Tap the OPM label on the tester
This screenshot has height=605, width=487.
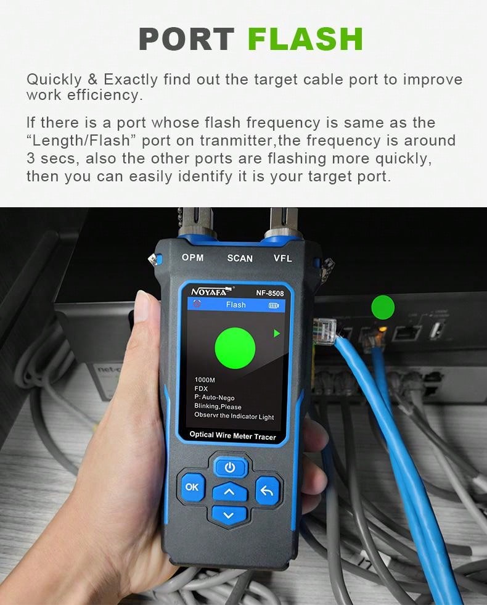(192, 257)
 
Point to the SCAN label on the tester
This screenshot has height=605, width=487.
(240, 258)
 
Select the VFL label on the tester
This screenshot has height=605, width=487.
(283, 258)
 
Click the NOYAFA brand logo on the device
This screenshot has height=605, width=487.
(211, 292)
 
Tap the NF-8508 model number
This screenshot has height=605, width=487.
(270, 294)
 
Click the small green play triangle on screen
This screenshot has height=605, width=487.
(277, 334)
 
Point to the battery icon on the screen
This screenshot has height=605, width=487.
(273, 305)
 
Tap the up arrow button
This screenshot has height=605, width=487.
(229, 492)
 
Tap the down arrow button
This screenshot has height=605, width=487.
(229, 515)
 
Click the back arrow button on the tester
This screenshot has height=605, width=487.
(267, 491)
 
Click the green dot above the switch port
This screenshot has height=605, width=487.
(383, 307)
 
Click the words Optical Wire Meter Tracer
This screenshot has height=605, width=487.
(232, 435)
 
